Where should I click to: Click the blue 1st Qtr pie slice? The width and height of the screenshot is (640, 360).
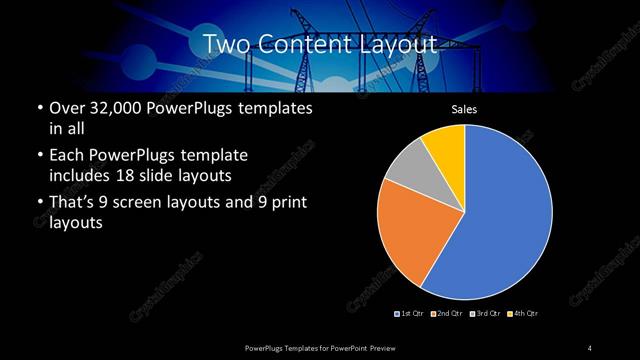click(505, 215)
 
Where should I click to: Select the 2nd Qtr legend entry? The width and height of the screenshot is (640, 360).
click(449, 314)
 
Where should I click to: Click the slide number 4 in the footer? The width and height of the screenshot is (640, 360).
click(589, 347)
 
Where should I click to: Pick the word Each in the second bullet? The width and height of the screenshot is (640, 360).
click(66, 155)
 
